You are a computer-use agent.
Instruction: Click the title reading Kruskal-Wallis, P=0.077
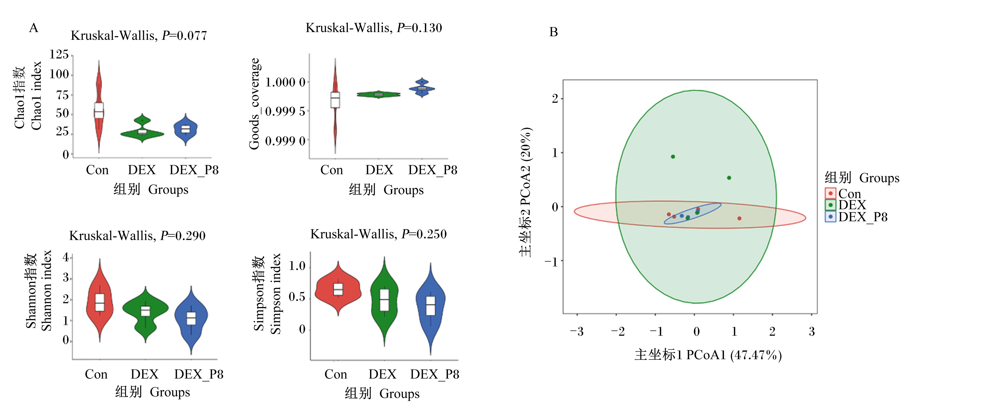tap(139, 36)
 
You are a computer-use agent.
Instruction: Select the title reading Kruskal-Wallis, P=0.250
tap(379, 234)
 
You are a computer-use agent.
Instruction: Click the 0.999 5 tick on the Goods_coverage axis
tap(285, 111)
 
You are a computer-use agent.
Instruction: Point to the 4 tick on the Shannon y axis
tap(66, 257)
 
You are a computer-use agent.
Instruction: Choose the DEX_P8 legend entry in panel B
tap(856, 217)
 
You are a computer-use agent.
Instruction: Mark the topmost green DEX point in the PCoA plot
tap(673, 157)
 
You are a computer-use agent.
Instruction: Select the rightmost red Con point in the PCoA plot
tap(739, 218)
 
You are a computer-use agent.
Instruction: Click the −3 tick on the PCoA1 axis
tap(577, 331)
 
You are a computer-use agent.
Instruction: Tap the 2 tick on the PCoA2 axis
tap(555, 99)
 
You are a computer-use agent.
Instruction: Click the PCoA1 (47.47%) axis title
tap(708, 355)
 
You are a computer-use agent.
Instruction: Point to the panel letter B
tap(553, 32)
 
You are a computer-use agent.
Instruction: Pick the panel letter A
tap(34, 28)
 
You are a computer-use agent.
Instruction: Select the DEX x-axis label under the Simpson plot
tap(382, 374)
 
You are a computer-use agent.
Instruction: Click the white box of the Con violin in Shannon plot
tap(100, 302)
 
